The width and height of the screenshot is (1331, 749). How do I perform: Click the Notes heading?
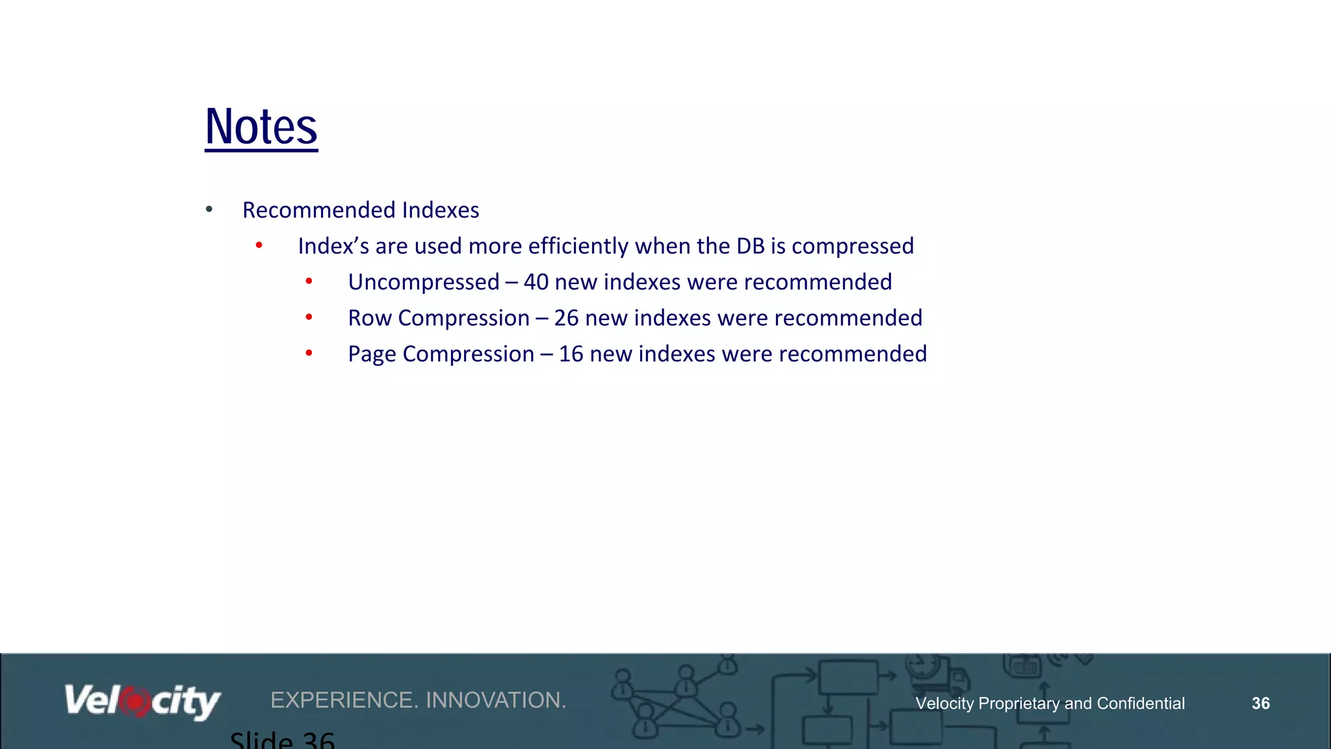pyautogui.click(x=261, y=127)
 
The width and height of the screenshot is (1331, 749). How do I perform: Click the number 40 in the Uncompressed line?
pyautogui.click(x=536, y=282)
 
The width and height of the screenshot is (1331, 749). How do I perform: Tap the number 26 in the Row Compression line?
pyautogui.click(x=566, y=318)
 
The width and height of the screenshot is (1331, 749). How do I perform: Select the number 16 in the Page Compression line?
pyautogui.click(x=571, y=354)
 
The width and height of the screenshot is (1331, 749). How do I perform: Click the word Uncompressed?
pyautogui.click(x=423, y=282)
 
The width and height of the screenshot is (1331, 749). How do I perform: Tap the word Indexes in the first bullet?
pyautogui.click(x=440, y=210)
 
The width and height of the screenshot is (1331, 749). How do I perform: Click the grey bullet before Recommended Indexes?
pyautogui.click(x=209, y=209)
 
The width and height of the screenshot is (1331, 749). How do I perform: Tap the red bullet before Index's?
pyautogui.click(x=259, y=245)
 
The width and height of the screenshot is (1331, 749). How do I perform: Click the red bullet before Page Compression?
pyautogui.click(x=309, y=353)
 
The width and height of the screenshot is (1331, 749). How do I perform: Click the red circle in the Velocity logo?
pyautogui.click(x=135, y=702)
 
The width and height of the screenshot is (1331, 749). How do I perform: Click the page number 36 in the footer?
pyautogui.click(x=1260, y=703)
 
